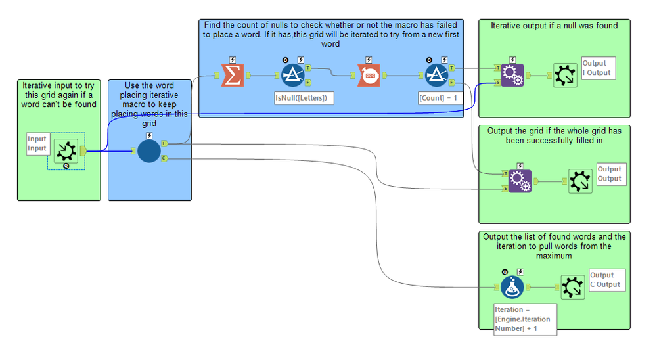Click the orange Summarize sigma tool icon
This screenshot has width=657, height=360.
click(x=232, y=76)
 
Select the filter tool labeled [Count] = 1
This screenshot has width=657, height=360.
click(x=436, y=76)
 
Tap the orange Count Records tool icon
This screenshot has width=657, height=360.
click(x=369, y=76)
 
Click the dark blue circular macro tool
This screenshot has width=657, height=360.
click(x=149, y=151)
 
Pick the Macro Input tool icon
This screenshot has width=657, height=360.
click(x=66, y=151)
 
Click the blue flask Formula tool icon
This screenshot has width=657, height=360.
click(x=512, y=287)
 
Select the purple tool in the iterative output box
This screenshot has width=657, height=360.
click(x=511, y=76)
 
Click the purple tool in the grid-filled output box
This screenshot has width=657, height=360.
click(x=519, y=181)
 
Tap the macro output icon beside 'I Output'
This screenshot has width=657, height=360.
click(x=564, y=76)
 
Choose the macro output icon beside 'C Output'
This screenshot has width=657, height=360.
click(x=572, y=287)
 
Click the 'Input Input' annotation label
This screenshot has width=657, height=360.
click(x=37, y=144)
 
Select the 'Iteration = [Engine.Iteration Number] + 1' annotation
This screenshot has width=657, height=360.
click(x=524, y=319)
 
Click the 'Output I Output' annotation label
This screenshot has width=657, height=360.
click(x=598, y=68)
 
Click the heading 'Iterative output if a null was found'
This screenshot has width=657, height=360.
click(x=554, y=26)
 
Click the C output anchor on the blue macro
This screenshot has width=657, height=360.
click(x=164, y=158)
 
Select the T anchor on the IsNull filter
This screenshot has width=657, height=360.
click(x=309, y=68)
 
